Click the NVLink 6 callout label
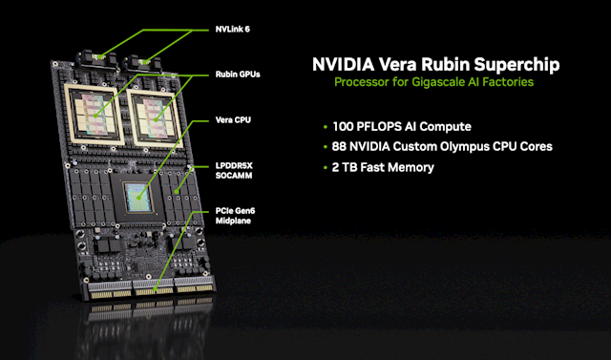click(x=233, y=30)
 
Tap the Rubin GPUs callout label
click(x=238, y=74)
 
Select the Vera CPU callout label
click(x=233, y=120)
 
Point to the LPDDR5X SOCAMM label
click(x=234, y=171)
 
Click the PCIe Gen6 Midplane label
click(x=235, y=216)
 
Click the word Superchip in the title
click(x=517, y=65)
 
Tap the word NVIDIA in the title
click(x=343, y=64)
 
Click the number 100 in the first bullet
click(x=343, y=127)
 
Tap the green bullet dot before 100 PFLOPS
click(x=326, y=127)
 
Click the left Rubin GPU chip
click(x=94, y=116)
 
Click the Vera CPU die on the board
click(x=138, y=198)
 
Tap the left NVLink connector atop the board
click(x=99, y=59)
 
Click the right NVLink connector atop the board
click(x=142, y=62)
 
